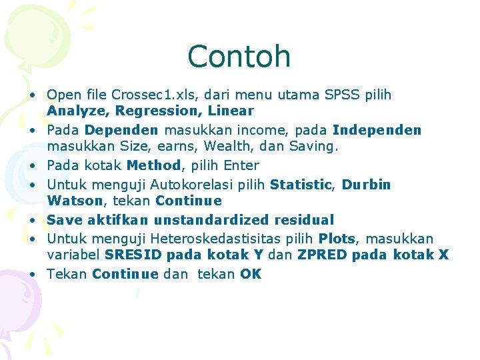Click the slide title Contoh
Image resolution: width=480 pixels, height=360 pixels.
click(x=239, y=56)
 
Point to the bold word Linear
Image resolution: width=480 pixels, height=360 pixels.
click(x=231, y=110)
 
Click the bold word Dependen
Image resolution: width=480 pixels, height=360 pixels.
click(x=121, y=129)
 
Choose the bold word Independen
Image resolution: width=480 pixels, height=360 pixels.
click(x=377, y=129)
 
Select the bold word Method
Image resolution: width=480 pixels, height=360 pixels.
click(x=153, y=165)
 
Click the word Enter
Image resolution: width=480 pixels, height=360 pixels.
click(x=241, y=165)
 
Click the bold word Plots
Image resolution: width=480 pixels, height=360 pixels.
click(x=337, y=239)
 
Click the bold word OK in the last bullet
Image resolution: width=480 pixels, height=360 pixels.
click(x=251, y=274)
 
